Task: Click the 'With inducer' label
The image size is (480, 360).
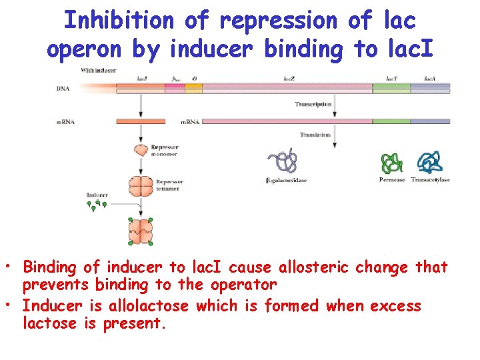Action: point(97,70)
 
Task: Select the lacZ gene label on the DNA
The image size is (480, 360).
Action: point(289,78)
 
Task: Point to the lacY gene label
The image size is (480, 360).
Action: point(393,78)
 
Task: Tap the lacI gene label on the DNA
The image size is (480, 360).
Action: point(142,78)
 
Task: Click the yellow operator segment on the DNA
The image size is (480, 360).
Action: point(194,86)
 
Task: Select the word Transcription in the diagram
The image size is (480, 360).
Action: point(313,105)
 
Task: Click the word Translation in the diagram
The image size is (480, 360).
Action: point(315,135)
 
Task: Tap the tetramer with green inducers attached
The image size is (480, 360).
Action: point(141,231)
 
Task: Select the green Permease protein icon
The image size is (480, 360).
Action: point(391,164)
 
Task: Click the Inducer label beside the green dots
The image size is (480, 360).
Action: point(97,195)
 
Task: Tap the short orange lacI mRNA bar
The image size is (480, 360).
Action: point(141,121)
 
